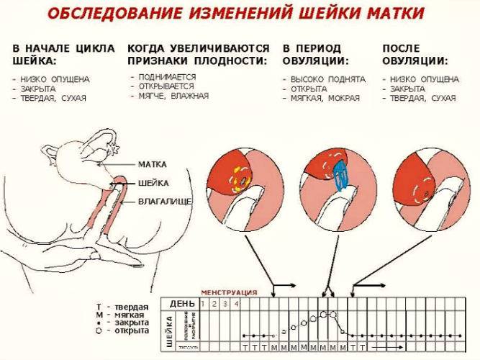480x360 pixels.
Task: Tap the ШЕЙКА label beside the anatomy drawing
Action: pyautogui.click(x=153, y=182)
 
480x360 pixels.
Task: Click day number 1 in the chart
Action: pyautogui.click(x=204, y=304)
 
